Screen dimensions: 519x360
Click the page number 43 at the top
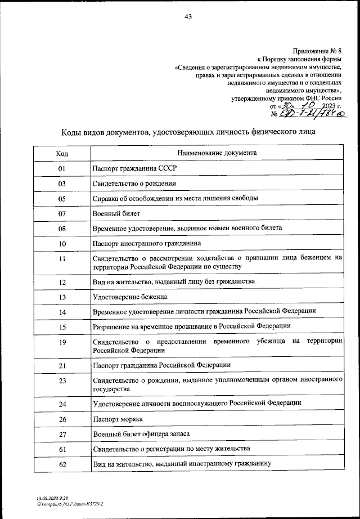(x=188, y=16)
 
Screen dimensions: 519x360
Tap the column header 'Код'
(x=62, y=153)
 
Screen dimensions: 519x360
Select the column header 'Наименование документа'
(x=217, y=153)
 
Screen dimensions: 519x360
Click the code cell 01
(x=62, y=169)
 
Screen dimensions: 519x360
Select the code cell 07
(x=62, y=213)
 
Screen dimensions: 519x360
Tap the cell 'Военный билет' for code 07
(x=112, y=213)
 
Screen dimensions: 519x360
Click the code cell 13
(x=62, y=297)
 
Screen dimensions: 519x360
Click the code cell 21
(x=62, y=365)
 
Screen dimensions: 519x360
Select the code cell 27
(x=62, y=434)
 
